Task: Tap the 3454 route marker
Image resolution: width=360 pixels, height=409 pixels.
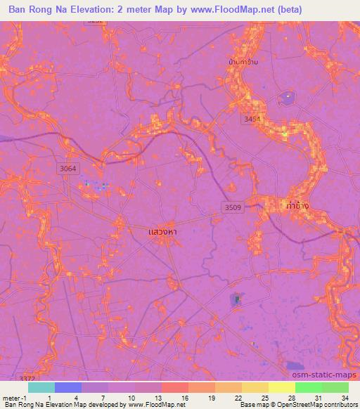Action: point(252,120)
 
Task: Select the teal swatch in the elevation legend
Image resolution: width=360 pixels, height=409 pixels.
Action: point(41,388)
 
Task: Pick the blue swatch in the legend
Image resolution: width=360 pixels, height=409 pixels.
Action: point(68,388)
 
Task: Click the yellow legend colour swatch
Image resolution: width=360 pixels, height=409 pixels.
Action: point(254,388)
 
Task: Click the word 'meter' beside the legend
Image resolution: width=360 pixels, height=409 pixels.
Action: point(11,397)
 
